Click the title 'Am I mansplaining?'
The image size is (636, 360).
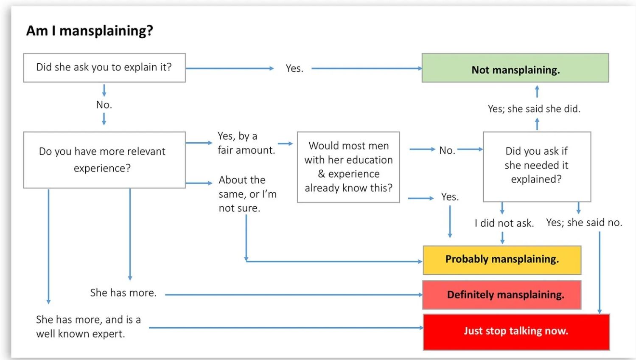point(90,31)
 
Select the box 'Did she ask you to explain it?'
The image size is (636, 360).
point(104,67)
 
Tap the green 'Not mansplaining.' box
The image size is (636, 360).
point(516,68)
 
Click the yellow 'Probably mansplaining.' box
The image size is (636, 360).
point(502,260)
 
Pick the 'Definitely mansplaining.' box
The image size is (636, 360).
point(502,295)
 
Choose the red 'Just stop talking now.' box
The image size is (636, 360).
point(516,332)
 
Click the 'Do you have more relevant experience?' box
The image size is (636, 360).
point(104,160)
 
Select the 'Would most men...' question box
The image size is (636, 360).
point(348,167)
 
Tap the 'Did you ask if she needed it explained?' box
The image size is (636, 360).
point(537,167)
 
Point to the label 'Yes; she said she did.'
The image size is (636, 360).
point(534,109)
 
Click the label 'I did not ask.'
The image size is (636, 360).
point(504,223)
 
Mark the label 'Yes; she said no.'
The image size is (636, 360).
point(584,222)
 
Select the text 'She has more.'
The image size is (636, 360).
point(123,292)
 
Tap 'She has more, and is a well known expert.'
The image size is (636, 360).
point(88,326)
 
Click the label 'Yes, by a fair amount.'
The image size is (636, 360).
point(247,143)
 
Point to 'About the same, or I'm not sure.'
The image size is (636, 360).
point(248,194)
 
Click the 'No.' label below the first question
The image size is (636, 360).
point(104,105)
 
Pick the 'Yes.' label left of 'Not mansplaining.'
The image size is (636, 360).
point(294,68)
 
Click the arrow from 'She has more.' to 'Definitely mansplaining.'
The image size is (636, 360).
point(294,295)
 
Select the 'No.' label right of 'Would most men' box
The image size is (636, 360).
point(447,150)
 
